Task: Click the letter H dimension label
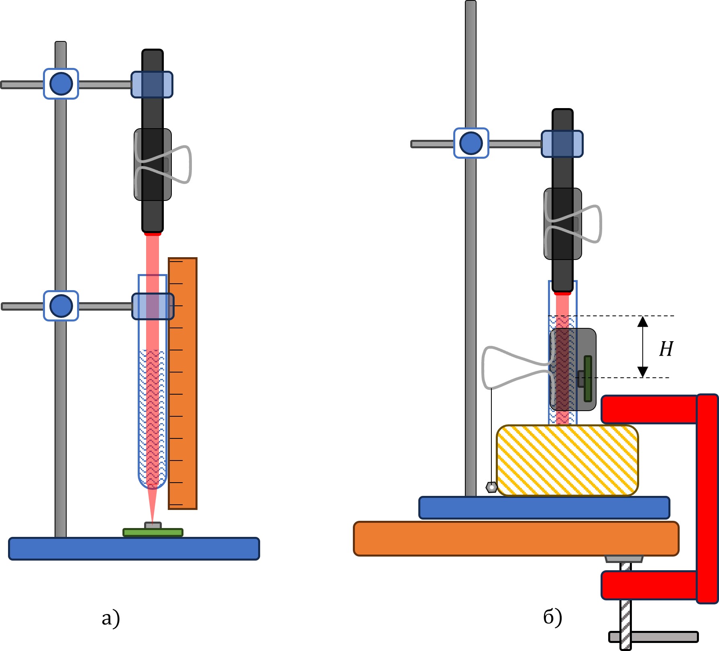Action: point(666,349)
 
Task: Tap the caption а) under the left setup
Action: point(111,618)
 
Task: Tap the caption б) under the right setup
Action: point(552,617)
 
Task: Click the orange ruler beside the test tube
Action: point(183,383)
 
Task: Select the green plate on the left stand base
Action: point(153,532)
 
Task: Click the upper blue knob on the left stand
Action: point(61,84)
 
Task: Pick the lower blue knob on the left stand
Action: point(61,306)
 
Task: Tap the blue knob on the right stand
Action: point(471,143)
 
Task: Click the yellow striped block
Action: point(567,461)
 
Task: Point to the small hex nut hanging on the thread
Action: point(491,487)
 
